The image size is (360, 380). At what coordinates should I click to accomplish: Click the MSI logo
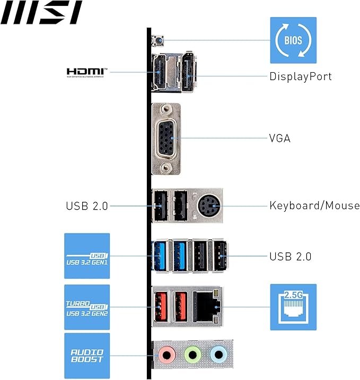tap(41, 13)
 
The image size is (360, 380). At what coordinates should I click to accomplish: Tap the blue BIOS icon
tap(293, 40)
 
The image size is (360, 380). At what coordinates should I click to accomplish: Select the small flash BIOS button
tap(157, 39)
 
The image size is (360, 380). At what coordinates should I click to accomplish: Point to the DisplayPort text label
tap(300, 76)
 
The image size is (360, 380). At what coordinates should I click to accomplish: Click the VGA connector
tap(166, 139)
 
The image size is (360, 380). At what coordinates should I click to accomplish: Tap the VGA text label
tap(280, 139)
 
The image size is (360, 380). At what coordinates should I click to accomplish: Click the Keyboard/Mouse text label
tap(314, 205)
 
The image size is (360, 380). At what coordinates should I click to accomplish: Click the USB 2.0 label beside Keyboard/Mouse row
tap(87, 206)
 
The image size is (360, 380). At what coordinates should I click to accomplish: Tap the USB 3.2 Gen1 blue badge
tap(87, 256)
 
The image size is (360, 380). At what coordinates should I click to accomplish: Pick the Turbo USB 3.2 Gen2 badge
tap(87, 307)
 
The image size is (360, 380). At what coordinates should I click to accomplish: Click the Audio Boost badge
tap(87, 356)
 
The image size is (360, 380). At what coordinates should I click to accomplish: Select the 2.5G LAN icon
tap(293, 307)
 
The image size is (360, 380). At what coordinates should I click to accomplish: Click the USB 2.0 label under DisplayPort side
tap(290, 257)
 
